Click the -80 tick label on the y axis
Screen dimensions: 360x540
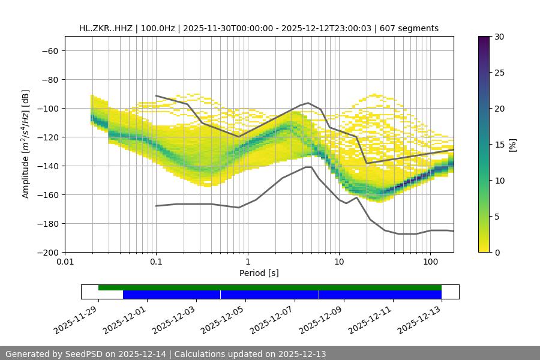tap(50, 79)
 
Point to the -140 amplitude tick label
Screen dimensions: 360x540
tap(48, 166)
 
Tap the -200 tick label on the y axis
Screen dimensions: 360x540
tap(48, 252)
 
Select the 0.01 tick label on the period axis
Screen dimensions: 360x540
tap(65, 262)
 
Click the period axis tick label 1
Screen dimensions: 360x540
tap(247, 262)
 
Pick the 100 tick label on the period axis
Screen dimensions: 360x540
tap(430, 262)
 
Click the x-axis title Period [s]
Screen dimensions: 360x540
tap(259, 273)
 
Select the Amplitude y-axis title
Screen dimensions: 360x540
tap(26, 144)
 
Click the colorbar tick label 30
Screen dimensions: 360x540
tap(499, 37)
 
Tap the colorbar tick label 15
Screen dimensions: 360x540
tap(499, 145)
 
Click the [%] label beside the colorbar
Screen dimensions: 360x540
tap(512, 145)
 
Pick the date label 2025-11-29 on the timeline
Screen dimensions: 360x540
tap(76, 320)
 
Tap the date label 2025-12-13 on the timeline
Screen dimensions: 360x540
tap(421, 320)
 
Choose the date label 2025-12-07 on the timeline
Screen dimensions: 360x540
tap(273, 320)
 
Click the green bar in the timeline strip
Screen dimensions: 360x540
tap(270, 287)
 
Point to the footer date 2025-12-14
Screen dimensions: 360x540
tap(139, 354)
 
